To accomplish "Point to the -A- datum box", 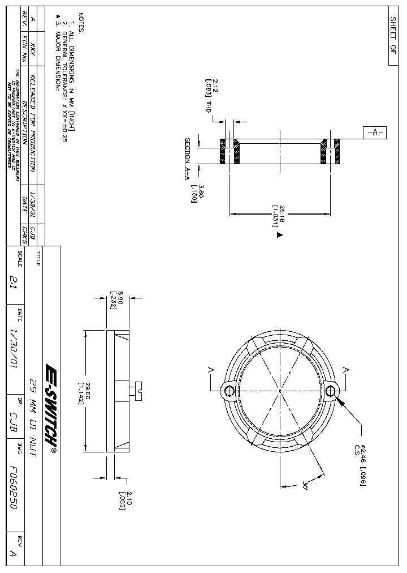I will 374,133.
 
